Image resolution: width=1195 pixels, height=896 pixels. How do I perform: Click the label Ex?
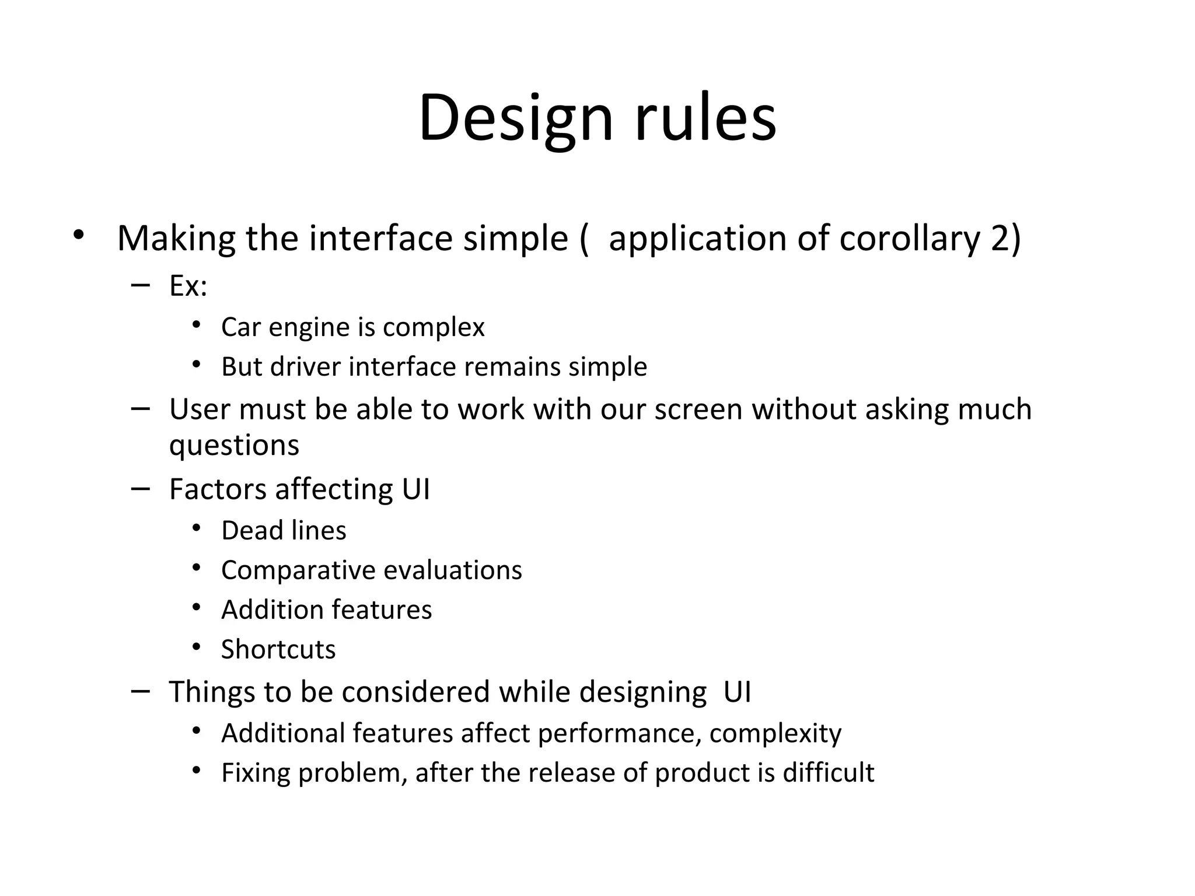coord(188,286)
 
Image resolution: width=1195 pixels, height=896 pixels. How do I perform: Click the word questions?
coord(234,446)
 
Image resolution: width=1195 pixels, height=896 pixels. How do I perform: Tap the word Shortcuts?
coord(278,650)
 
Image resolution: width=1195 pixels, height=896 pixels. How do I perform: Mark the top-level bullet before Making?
coord(79,236)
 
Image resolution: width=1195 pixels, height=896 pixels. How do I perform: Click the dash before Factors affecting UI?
coord(141,488)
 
